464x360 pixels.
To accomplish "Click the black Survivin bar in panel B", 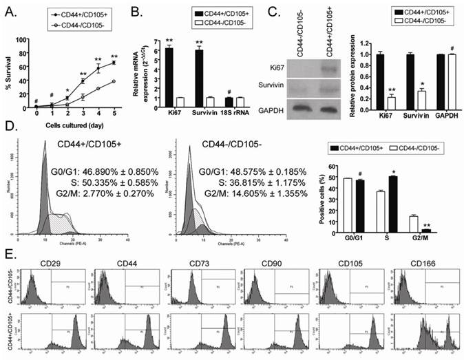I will tap(202, 76).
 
